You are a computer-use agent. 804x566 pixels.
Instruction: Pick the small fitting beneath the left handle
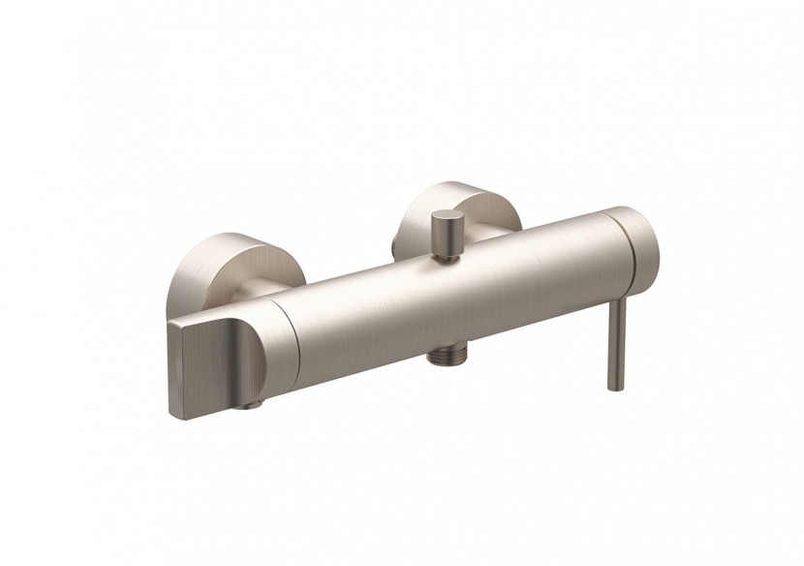[x=261, y=399]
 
